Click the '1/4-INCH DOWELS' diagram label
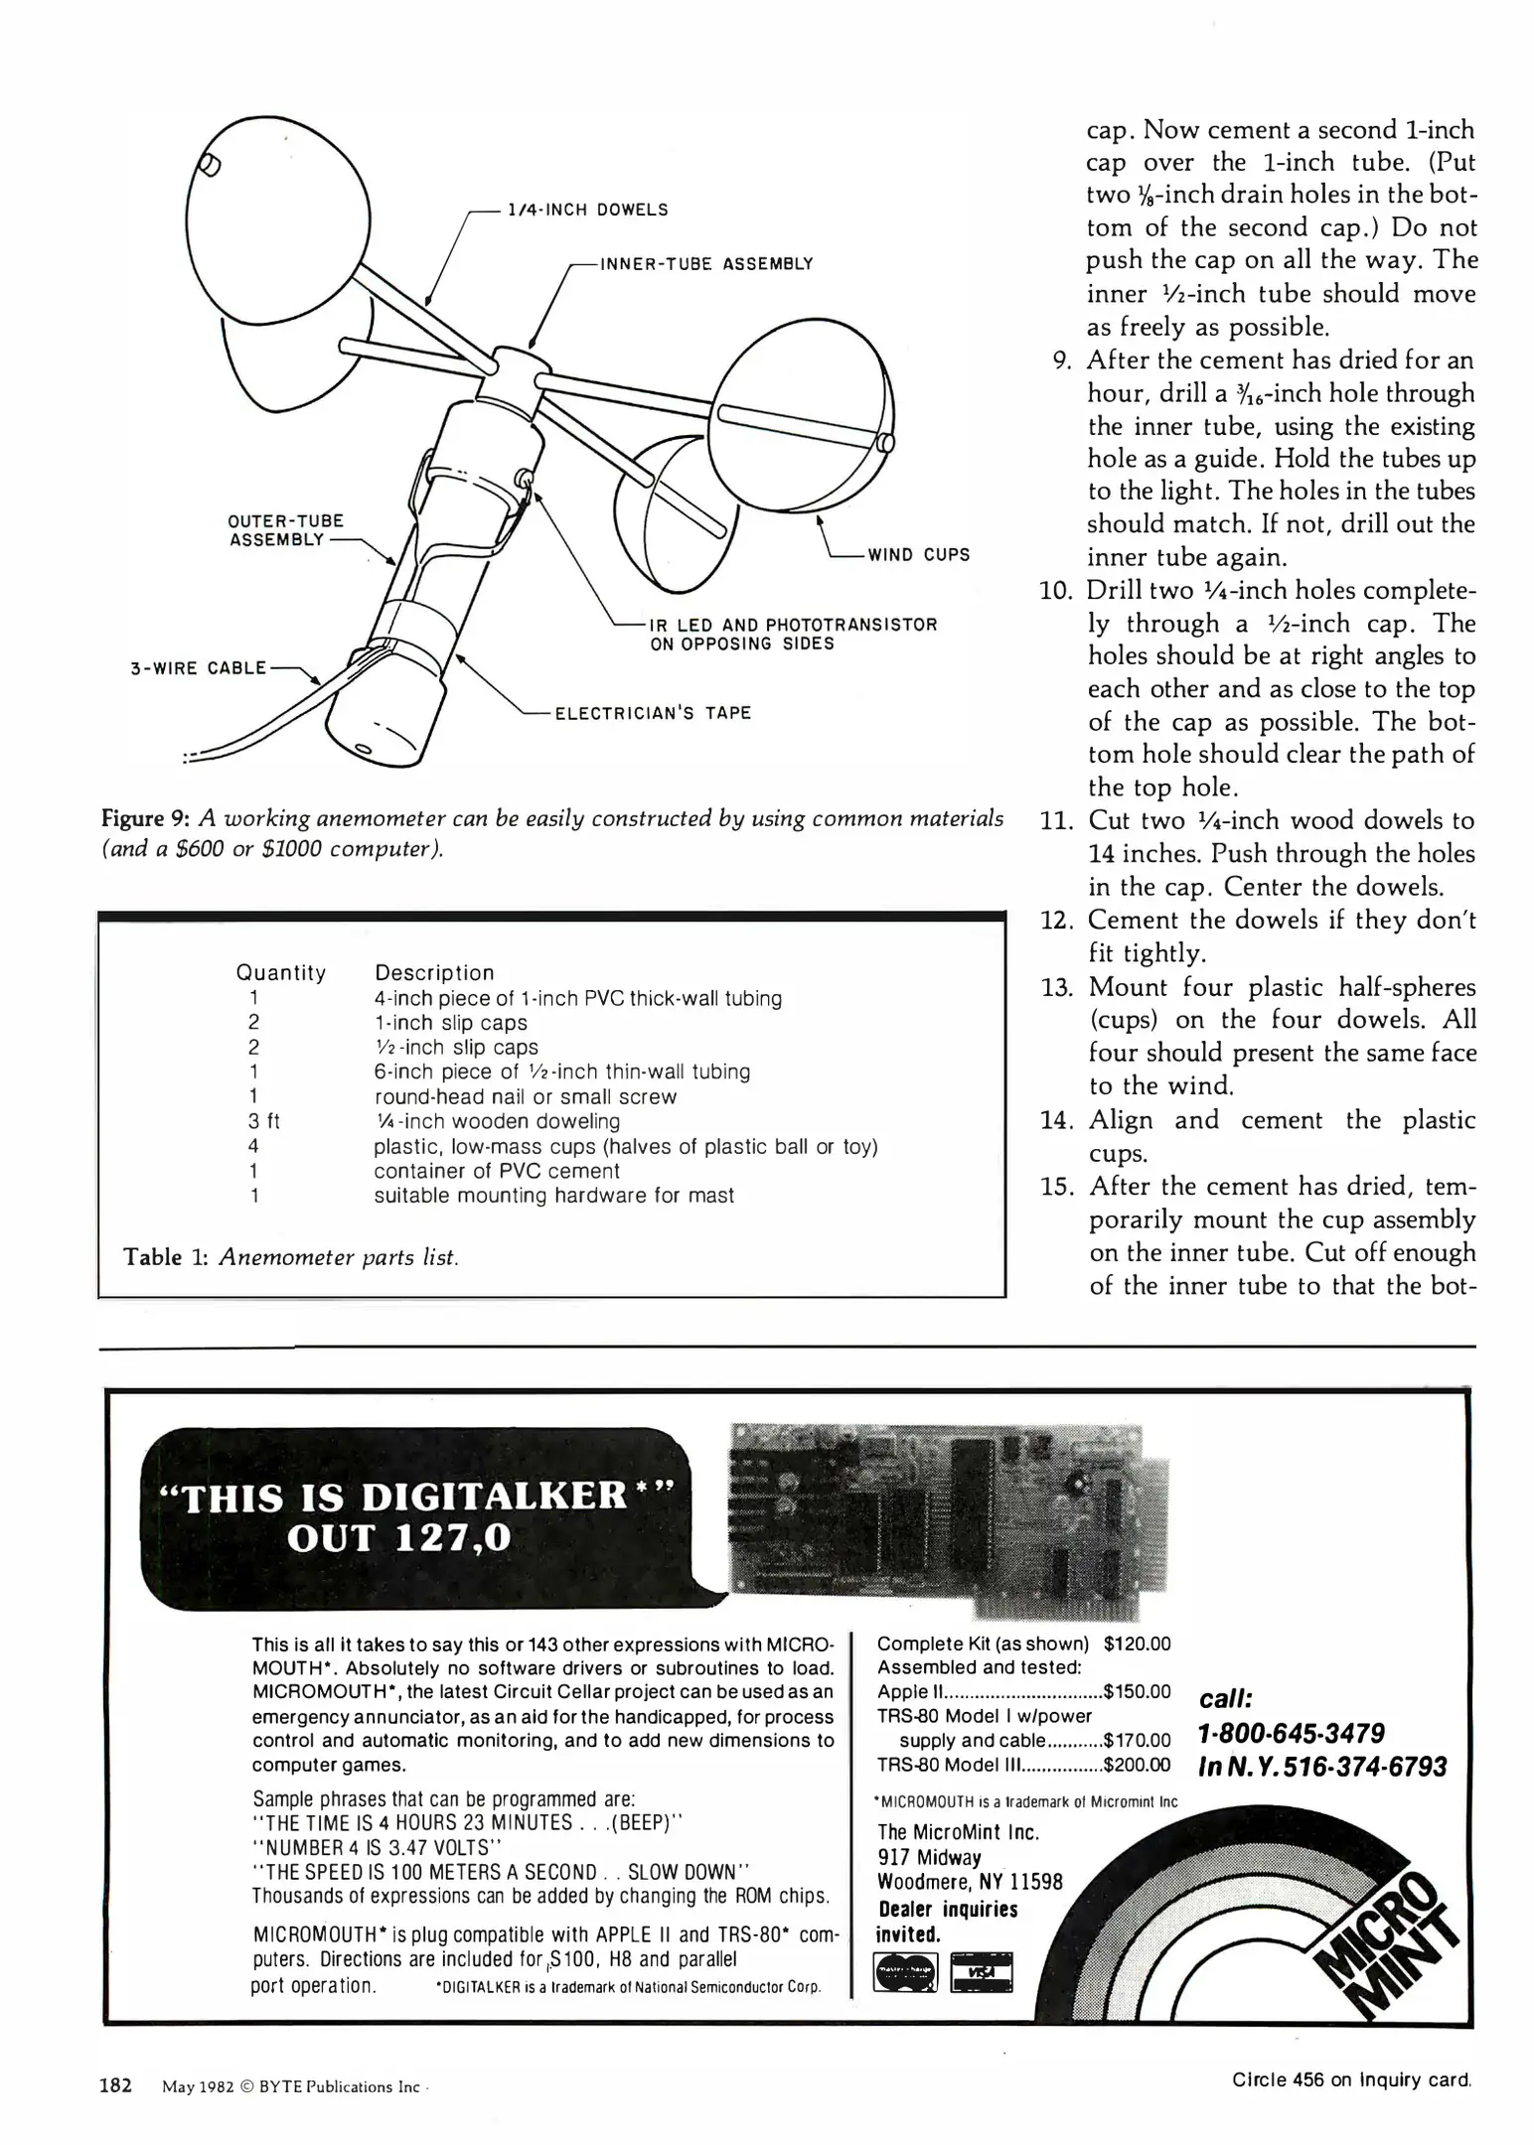(587, 210)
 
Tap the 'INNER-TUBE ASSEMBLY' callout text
(706, 263)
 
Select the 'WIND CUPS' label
(918, 554)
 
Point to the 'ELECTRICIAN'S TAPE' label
(652, 713)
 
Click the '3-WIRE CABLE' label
(199, 667)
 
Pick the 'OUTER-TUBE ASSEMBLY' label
(286, 530)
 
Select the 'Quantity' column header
(280, 972)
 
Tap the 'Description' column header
(434, 972)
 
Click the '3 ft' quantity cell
(263, 1121)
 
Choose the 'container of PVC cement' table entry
(496, 1171)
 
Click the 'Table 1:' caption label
(166, 1257)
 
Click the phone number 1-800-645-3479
(1291, 1734)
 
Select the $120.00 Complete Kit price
(1137, 1644)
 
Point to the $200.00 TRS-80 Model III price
(1137, 1765)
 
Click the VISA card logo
(981, 1973)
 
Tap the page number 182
(115, 2085)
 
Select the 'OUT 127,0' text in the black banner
(398, 1538)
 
